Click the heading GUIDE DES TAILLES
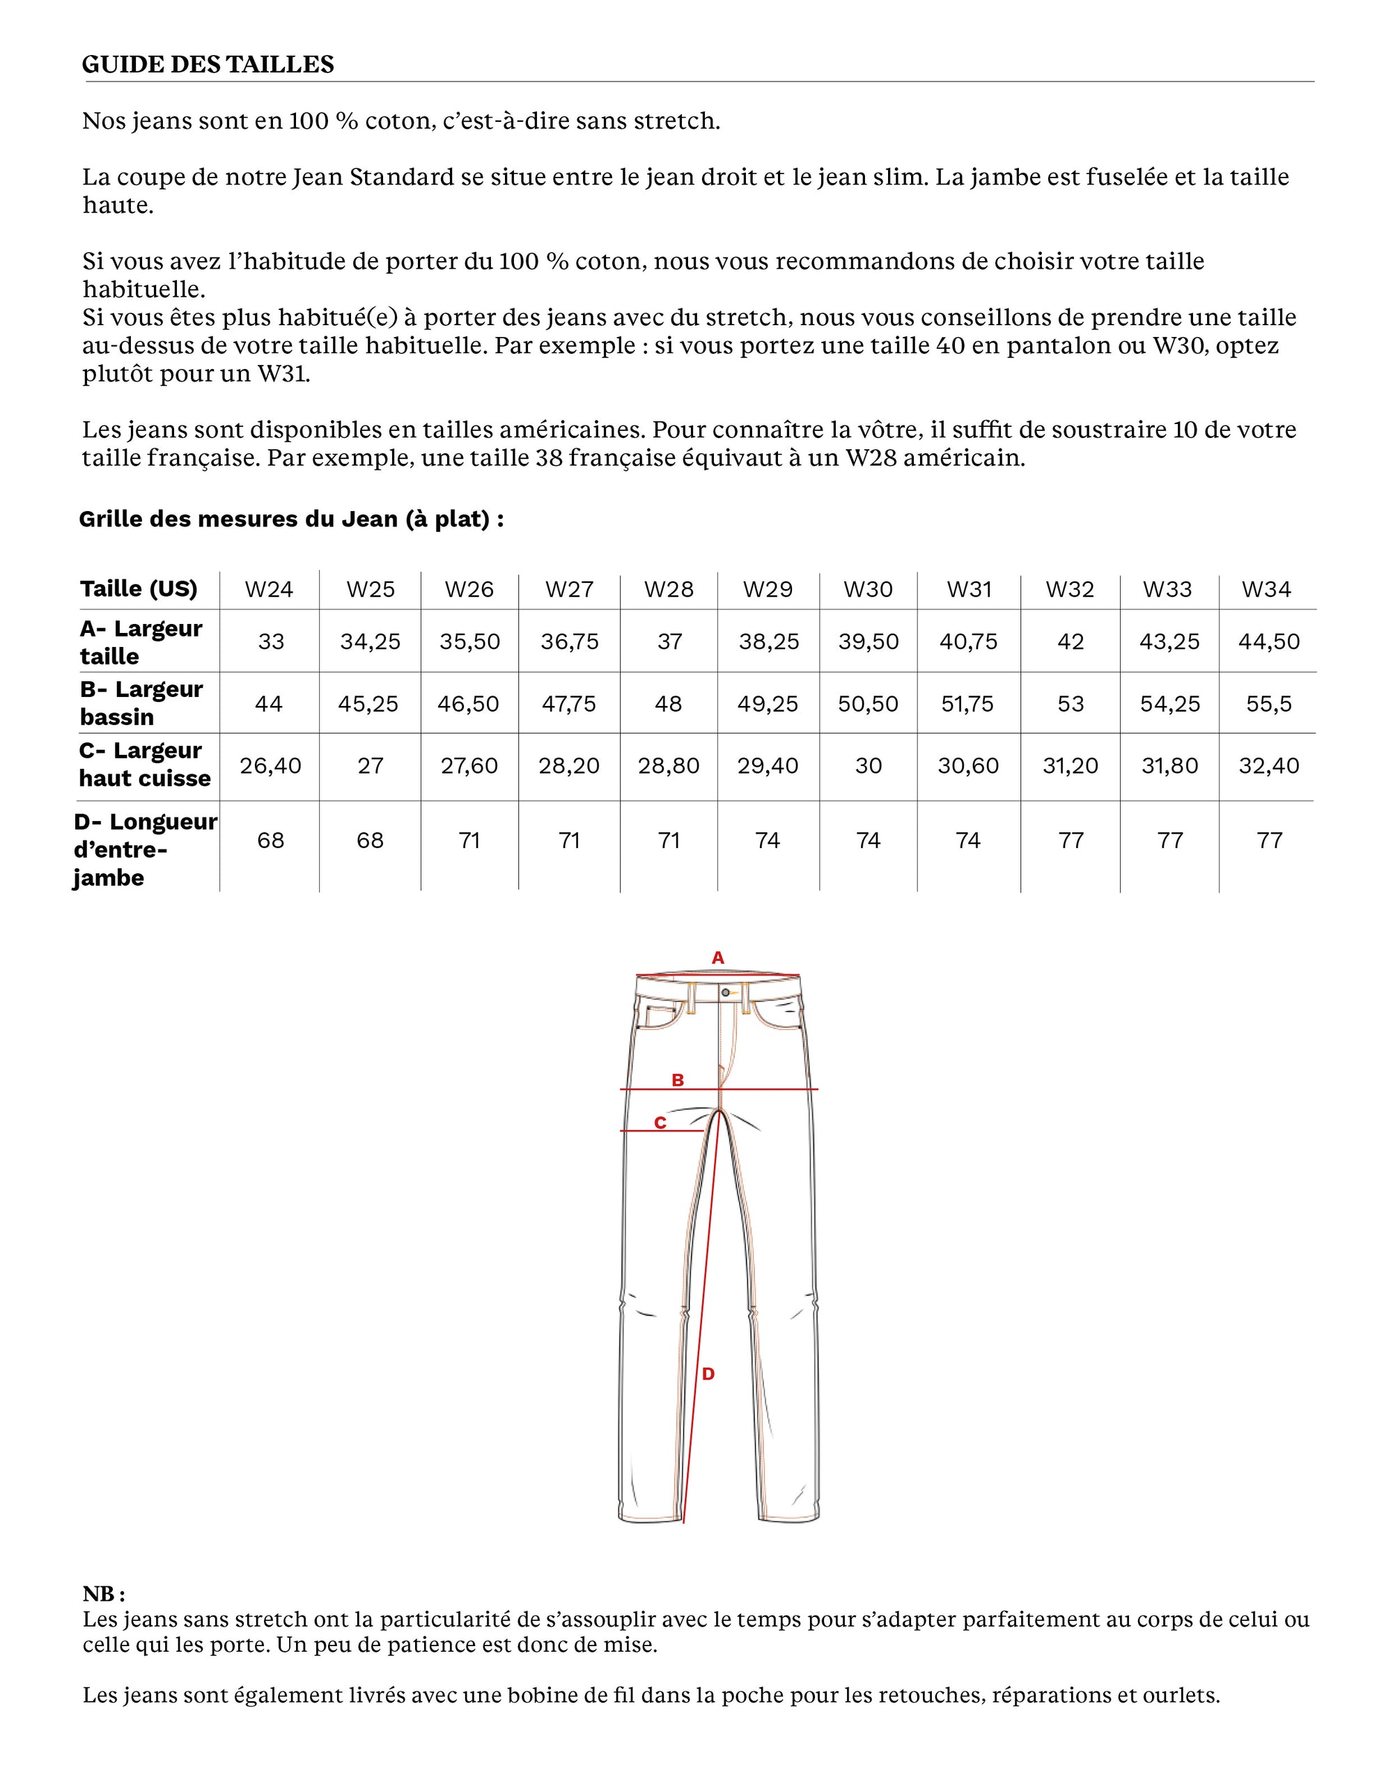click(x=208, y=65)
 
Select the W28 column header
click(x=669, y=590)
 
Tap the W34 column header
click(x=1266, y=590)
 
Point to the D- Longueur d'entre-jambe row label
click(x=144, y=849)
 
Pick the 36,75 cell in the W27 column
click(x=569, y=641)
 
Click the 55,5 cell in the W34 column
click(x=1268, y=703)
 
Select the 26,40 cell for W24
click(x=271, y=766)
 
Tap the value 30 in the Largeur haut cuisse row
click(x=868, y=766)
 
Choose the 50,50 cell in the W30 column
click(x=868, y=703)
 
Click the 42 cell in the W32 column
click(x=1071, y=641)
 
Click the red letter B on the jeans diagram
click(x=678, y=1080)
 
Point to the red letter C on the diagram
click(x=660, y=1123)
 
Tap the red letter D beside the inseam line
click(x=708, y=1374)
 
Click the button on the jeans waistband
click(x=725, y=993)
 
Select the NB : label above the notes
click(x=103, y=1594)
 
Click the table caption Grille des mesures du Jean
click(x=291, y=519)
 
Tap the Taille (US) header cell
click(x=139, y=589)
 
